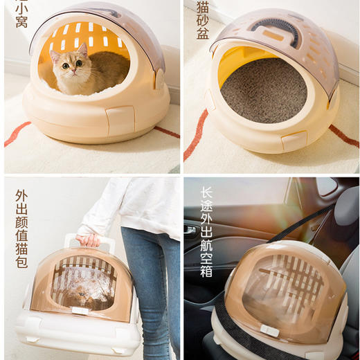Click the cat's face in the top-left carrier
72,64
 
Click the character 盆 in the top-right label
201,33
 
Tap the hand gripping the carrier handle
88,240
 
